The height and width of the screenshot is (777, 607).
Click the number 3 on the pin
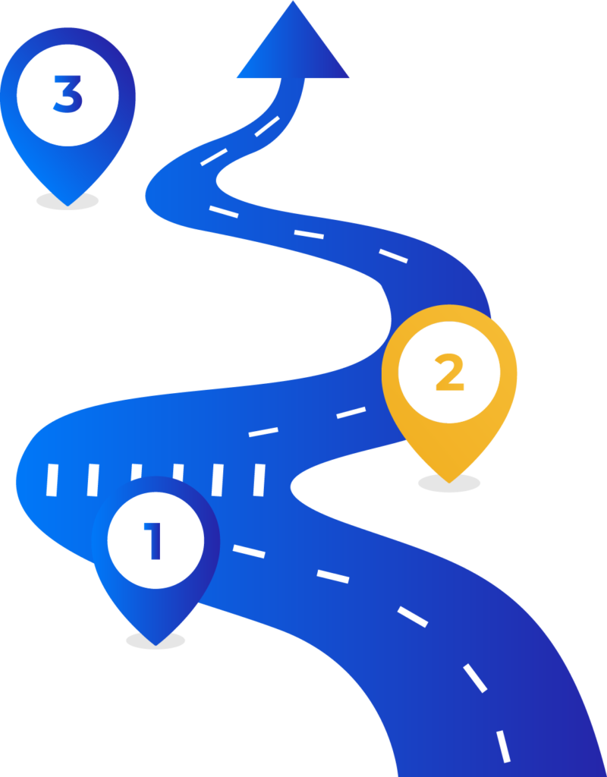coord(68,94)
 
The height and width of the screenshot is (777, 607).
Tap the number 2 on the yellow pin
coord(449,372)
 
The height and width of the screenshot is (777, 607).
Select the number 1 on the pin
coord(153,540)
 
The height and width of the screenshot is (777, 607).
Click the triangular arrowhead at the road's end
coord(293,47)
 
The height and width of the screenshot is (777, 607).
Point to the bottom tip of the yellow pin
coord(449,483)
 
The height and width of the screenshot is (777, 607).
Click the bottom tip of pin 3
coord(68,206)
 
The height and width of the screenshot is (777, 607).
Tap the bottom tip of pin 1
coord(156,645)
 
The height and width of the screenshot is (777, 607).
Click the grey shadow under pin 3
coord(68,201)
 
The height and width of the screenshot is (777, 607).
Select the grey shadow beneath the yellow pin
coord(449,483)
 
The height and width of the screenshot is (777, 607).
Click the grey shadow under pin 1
coord(156,640)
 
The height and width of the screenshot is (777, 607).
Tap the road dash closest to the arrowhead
coord(267,127)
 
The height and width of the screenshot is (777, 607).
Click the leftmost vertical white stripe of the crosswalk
coord(52,480)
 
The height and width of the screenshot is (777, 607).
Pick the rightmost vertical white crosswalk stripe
coord(259,480)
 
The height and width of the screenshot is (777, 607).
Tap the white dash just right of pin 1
coord(249,551)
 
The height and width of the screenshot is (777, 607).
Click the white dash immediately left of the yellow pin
coord(351,412)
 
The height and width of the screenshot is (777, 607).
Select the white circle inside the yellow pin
coord(449,372)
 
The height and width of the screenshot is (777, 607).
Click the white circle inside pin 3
coord(68,95)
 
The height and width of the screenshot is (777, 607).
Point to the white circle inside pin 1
coord(156,540)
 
